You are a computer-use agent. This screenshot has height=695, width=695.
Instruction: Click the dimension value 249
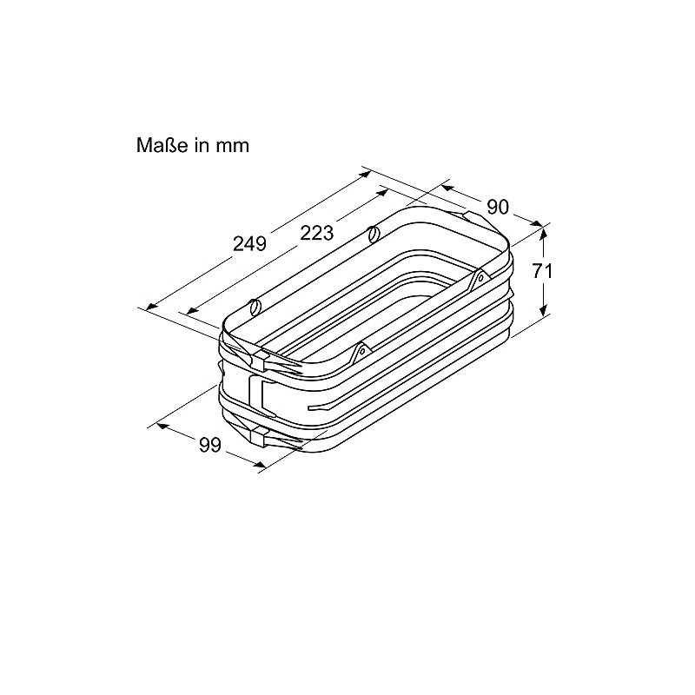pyautogui.click(x=249, y=244)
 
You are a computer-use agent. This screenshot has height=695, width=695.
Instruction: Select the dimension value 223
pyautogui.click(x=317, y=233)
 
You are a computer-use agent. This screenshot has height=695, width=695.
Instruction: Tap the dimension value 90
pyautogui.click(x=497, y=207)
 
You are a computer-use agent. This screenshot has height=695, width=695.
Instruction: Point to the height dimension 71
pyautogui.click(x=542, y=270)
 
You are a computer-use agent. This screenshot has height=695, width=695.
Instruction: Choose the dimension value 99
pyautogui.click(x=209, y=445)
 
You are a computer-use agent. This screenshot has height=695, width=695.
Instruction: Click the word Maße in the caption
pyautogui.click(x=162, y=145)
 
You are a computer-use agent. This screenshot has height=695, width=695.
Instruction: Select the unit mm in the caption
pyautogui.click(x=234, y=145)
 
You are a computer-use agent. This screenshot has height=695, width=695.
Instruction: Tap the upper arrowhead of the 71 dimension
pyautogui.click(x=544, y=229)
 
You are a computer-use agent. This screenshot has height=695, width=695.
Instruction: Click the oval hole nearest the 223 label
pyautogui.click(x=373, y=234)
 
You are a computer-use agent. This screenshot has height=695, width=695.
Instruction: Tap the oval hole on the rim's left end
pyautogui.click(x=255, y=306)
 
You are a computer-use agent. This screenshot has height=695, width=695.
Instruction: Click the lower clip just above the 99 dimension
pyautogui.click(x=261, y=432)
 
